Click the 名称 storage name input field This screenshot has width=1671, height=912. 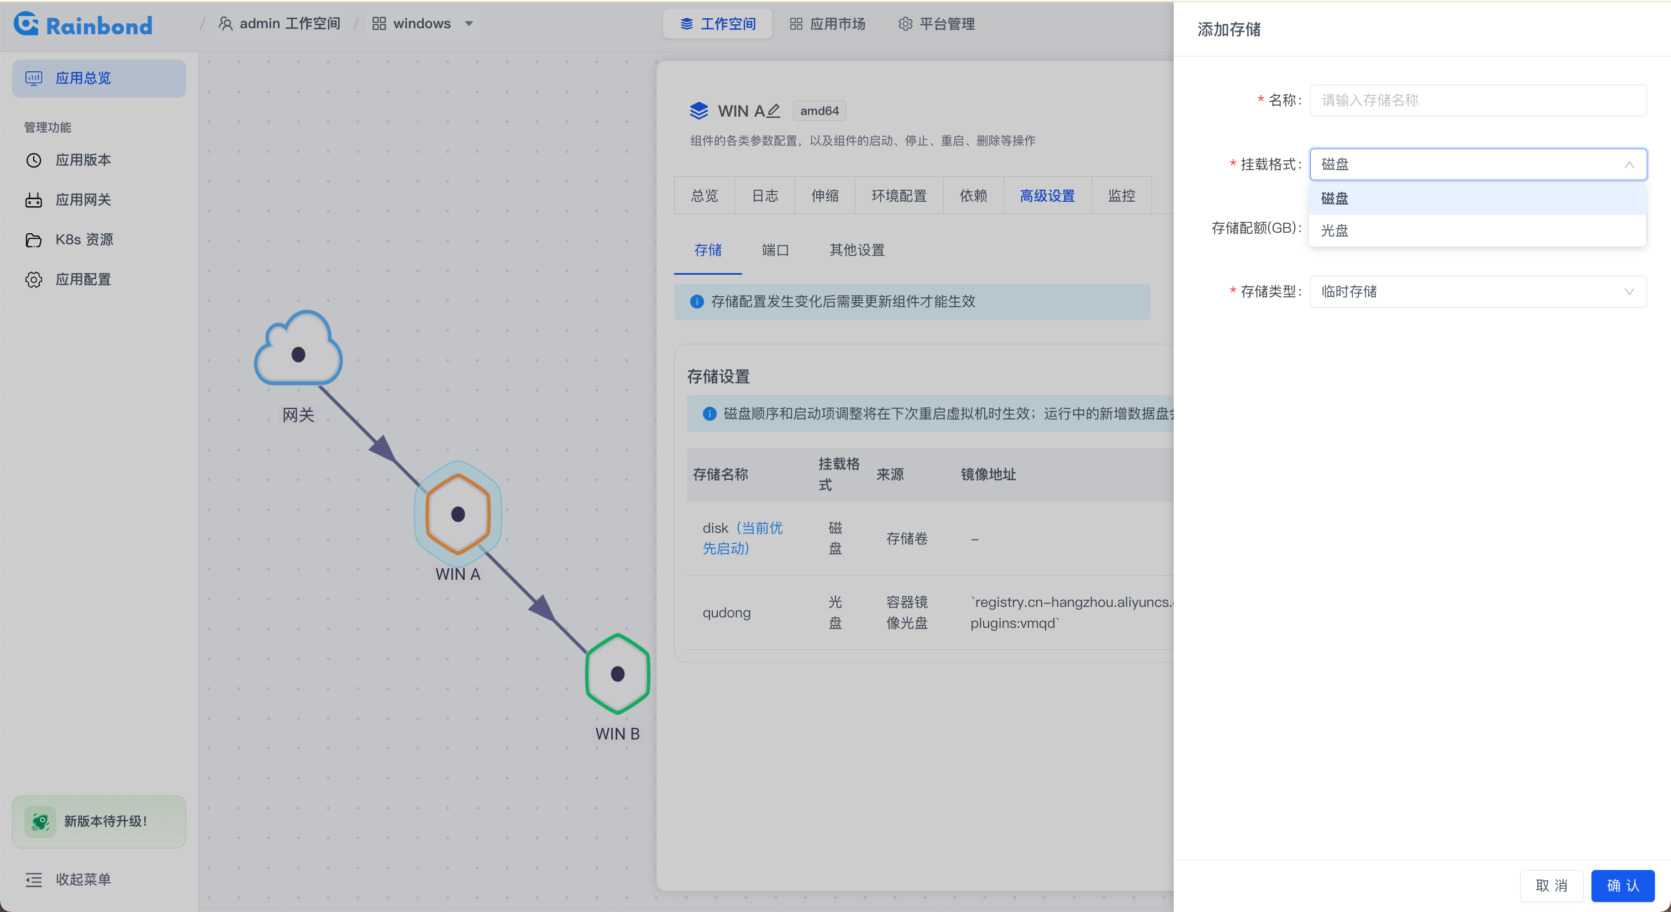(1478, 101)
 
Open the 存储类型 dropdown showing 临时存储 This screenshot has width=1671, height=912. (1478, 292)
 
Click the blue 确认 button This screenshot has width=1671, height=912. (1622, 885)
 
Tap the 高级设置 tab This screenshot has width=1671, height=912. (1047, 196)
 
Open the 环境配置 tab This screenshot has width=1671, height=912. (898, 196)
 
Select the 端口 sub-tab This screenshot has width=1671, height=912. (775, 250)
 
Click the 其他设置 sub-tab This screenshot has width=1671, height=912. (857, 250)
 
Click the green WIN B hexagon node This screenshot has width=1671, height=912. (618, 674)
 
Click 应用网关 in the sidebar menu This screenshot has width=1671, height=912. (83, 200)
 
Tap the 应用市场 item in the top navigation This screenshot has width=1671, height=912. (828, 24)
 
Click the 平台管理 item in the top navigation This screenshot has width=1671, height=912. (937, 24)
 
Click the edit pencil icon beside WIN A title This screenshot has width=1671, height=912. (773, 111)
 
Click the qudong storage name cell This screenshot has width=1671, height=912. (727, 613)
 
